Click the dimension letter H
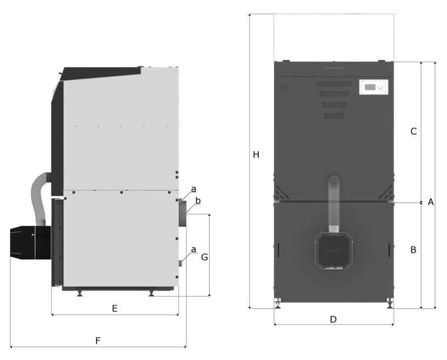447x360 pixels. pos(256,155)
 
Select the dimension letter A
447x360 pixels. pos(431,202)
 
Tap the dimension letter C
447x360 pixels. pos(413,131)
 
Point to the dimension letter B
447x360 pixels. pos(413,250)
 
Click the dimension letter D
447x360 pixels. pos(333,319)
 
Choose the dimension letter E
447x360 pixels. pos(115,309)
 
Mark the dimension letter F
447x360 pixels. pos(98,341)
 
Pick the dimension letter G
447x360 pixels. pos(204,257)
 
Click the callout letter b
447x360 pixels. pos(198,201)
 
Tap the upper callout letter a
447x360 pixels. pos(194,189)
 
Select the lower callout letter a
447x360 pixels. pos(194,250)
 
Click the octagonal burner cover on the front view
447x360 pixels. pos(333,250)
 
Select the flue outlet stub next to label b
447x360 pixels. pos(182,212)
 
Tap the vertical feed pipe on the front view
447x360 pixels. pos(333,203)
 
